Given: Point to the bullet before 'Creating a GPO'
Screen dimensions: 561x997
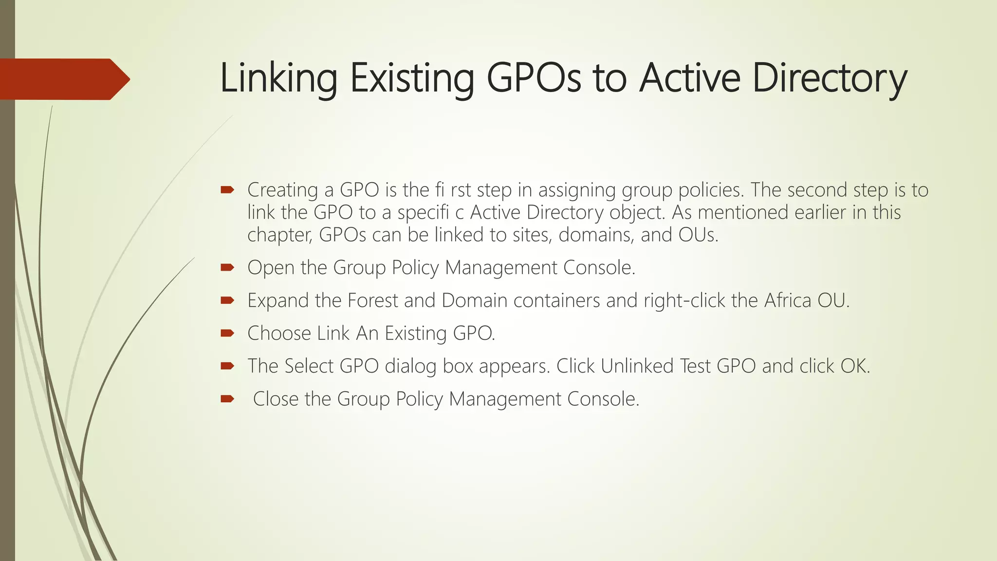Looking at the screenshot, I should point(227,189).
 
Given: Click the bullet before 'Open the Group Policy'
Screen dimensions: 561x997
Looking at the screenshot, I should point(227,267).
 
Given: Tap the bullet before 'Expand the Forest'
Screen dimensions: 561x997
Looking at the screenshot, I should point(227,300).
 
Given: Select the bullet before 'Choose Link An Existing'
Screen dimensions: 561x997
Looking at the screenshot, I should point(227,333).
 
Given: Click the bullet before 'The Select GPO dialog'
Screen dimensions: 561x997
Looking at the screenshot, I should point(227,366).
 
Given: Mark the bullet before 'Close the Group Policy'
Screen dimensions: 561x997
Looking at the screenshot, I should point(227,399).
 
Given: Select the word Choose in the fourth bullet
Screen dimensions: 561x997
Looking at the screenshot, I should point(279,334).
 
